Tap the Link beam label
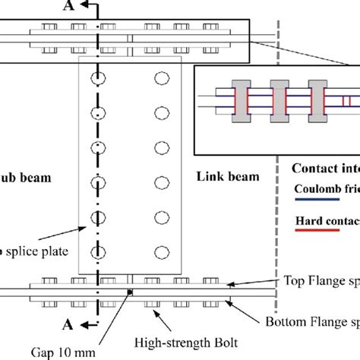click(x=229, y=176)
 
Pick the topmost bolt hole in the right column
click(x=161, y=77)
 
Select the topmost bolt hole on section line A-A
click(x=97, y=77)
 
